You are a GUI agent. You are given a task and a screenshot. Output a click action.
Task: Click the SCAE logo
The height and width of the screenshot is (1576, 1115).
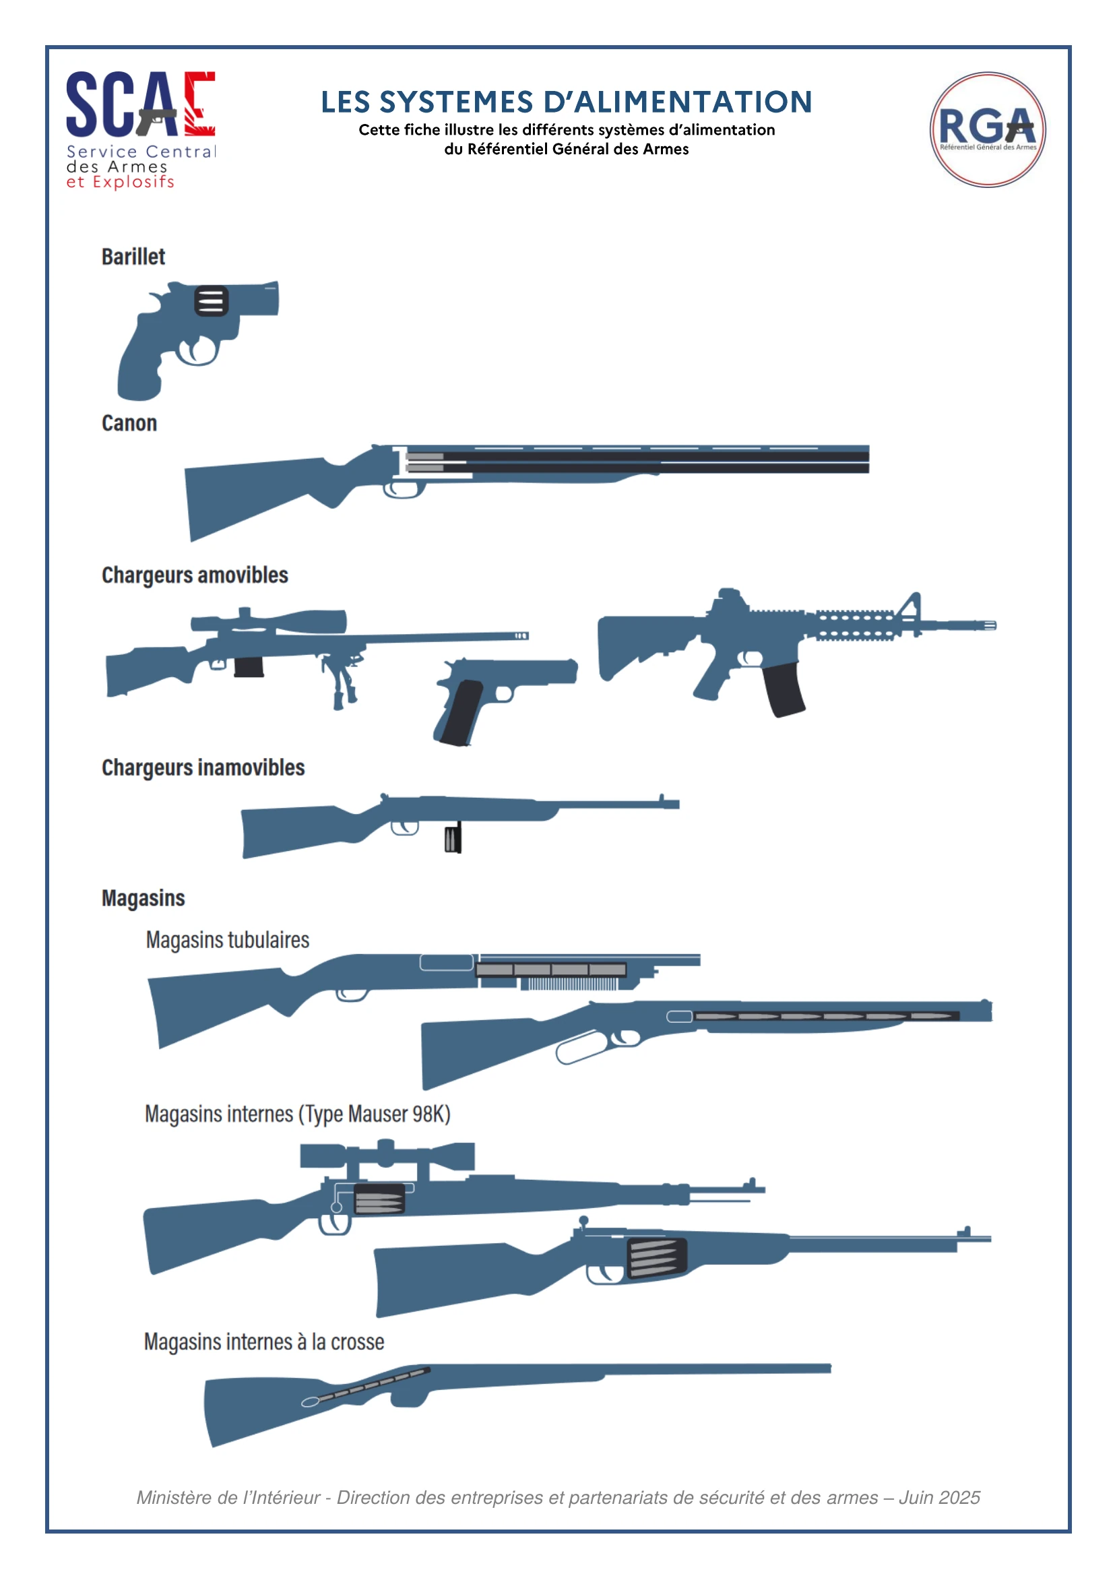[141, 129]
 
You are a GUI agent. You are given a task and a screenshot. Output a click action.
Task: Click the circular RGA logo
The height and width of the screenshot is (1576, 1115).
[987, 129]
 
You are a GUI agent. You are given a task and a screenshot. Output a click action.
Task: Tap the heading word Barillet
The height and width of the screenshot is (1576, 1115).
[133, 257]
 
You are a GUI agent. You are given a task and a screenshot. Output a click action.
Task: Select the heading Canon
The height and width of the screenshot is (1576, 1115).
[129, 423]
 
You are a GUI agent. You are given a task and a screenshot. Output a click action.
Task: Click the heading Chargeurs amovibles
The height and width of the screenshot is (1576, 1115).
[195, 575]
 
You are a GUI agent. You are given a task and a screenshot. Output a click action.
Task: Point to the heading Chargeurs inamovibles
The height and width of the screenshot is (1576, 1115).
[203, 767]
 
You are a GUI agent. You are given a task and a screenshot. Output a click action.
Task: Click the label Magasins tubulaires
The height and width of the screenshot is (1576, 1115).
[227, 939]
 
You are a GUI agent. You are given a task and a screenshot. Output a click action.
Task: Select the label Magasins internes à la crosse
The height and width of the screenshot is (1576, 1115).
[263, 1342]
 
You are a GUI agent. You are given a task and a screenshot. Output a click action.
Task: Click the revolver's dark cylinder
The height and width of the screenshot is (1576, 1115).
[211, 301]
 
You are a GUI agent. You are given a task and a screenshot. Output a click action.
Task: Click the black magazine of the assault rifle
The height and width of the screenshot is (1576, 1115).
[783, 689]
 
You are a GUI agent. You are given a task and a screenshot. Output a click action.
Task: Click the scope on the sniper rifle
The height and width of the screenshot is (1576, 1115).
[268, 621]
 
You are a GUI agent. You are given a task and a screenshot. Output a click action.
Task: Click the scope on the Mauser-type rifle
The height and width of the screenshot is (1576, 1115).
[387, 1156]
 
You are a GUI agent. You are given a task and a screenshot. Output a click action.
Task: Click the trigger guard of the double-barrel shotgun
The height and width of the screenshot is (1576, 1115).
[404, 489]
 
